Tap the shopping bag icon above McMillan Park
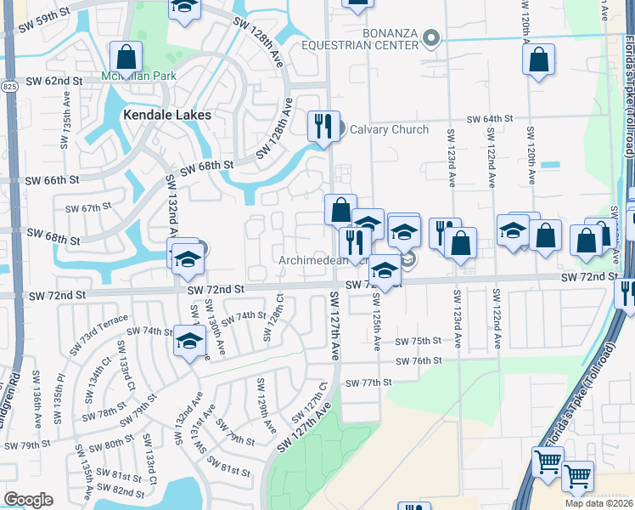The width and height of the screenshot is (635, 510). pyautogui.click(x=126, y=58)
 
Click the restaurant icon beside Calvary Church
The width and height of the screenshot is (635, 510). pyautogui.click(x=323, y=127)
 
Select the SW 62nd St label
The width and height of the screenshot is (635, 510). pyautogui.click(x=53, y=81)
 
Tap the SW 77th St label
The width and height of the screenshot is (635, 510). pyautogui.click(x=368, y=382)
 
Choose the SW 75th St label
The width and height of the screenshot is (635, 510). pyautogui.click(x=419, y=341)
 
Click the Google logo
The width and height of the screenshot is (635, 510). pyautogui.click(x=28, y=499)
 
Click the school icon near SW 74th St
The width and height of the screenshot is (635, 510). pyautogui.click(x=189, y=341)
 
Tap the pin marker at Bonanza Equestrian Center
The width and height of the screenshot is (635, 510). pyautogui.click(x=432, y=37)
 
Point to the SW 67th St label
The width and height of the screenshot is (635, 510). pyautogui.click(x=89, y=207)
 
